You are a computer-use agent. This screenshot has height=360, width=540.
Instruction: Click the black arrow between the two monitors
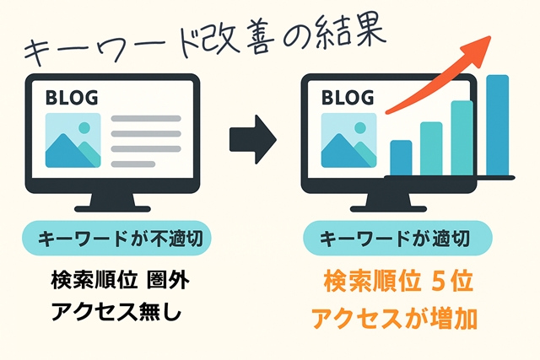[x=253, y=139]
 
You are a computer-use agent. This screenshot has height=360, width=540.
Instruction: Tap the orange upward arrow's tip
[x=490, y=35]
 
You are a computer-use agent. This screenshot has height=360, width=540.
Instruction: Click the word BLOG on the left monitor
[x=72, y=98]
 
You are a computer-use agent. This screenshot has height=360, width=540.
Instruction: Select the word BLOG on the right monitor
[x=348, y=98]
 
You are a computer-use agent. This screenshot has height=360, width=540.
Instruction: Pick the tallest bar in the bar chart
[x=497, y=126]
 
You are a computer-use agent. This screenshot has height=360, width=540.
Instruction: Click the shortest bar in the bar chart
[x=401, y=158]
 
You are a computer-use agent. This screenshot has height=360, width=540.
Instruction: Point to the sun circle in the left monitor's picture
[x=84, y=127]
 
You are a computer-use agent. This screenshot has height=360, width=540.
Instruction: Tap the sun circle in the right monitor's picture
[x=360, y=127]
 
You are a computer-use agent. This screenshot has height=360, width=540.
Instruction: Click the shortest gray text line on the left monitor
[x=133, y=164]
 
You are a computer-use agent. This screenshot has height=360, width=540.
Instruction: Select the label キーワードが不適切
[x=120, y=239]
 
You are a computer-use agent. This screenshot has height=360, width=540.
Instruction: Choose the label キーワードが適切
[x=395, y=239]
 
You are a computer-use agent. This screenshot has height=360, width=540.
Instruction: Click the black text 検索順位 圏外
[x=120, y=281]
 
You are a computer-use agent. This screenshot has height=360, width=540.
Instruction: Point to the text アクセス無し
[x=116, y=312]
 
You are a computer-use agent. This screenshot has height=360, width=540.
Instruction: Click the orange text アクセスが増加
[x=394, y=319]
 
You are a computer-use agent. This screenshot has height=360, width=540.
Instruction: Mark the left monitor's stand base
[x=112, y=208]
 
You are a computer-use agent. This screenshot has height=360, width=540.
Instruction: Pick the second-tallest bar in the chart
[x=462, y=138]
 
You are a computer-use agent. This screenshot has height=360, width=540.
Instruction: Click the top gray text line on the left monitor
[x=146, y=118]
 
